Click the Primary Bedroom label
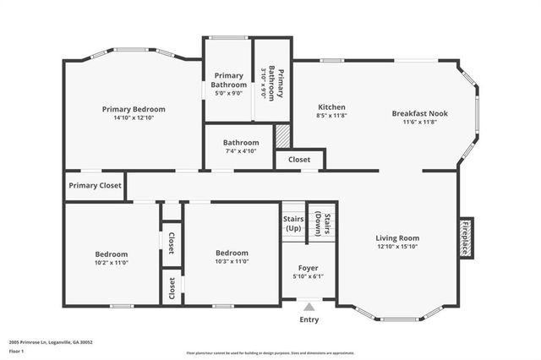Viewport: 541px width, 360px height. point(134,109)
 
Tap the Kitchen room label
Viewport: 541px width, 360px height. point(331,107)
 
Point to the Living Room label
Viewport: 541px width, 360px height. point(397,238)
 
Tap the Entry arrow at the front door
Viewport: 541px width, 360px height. point(309,307)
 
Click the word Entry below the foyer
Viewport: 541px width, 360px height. point(309,319)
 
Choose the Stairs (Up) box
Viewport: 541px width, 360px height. point(292,223)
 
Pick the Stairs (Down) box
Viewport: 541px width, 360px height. point(322,223)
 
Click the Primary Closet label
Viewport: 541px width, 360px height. point(95,186)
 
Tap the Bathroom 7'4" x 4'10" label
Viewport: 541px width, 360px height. point(241,143)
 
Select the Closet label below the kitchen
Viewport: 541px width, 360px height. point(299,159)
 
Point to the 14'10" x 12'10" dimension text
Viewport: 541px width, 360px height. point(134,118)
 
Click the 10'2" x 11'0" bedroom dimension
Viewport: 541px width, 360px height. point(112,263)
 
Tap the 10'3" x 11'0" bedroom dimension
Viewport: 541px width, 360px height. point(232,262)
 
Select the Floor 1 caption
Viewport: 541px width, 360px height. point(17,350)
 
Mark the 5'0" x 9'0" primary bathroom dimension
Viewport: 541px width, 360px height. point(229,94)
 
